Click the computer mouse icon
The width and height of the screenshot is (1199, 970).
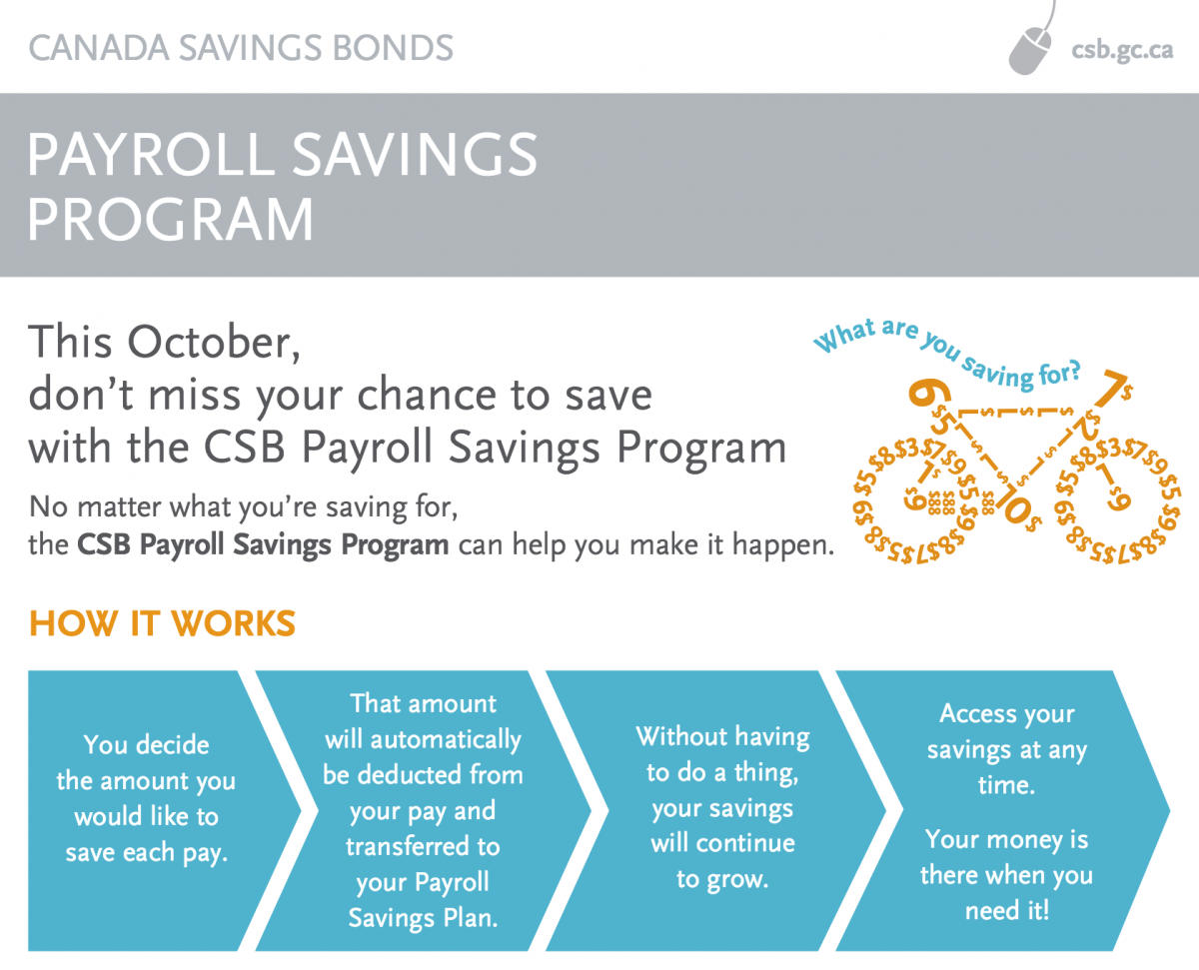pyautogui.click(x=1031, y=47)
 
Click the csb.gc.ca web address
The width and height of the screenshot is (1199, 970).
pyautogui.click(x=1121, y=51)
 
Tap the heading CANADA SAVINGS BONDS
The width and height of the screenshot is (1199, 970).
pyautogui.click(x=241, y=47)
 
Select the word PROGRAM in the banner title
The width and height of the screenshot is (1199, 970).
pyautogui.click(x=170, y=220)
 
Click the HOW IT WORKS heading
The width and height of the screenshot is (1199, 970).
pyautogui.click(x=163, y=623)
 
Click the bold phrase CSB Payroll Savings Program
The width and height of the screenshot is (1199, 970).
pyautogui.click(x=262, y=545)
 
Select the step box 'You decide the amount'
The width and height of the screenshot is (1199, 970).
pyautogui.click(x=147, y=799)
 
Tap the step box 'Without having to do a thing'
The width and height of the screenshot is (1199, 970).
pyautogui.click(x=722, y=807)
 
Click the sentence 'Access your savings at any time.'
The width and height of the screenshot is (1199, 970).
pyautogui.click(x=1006, y=749)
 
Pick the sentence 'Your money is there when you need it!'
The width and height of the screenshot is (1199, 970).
pyautogui.click(x=1006, y=874)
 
